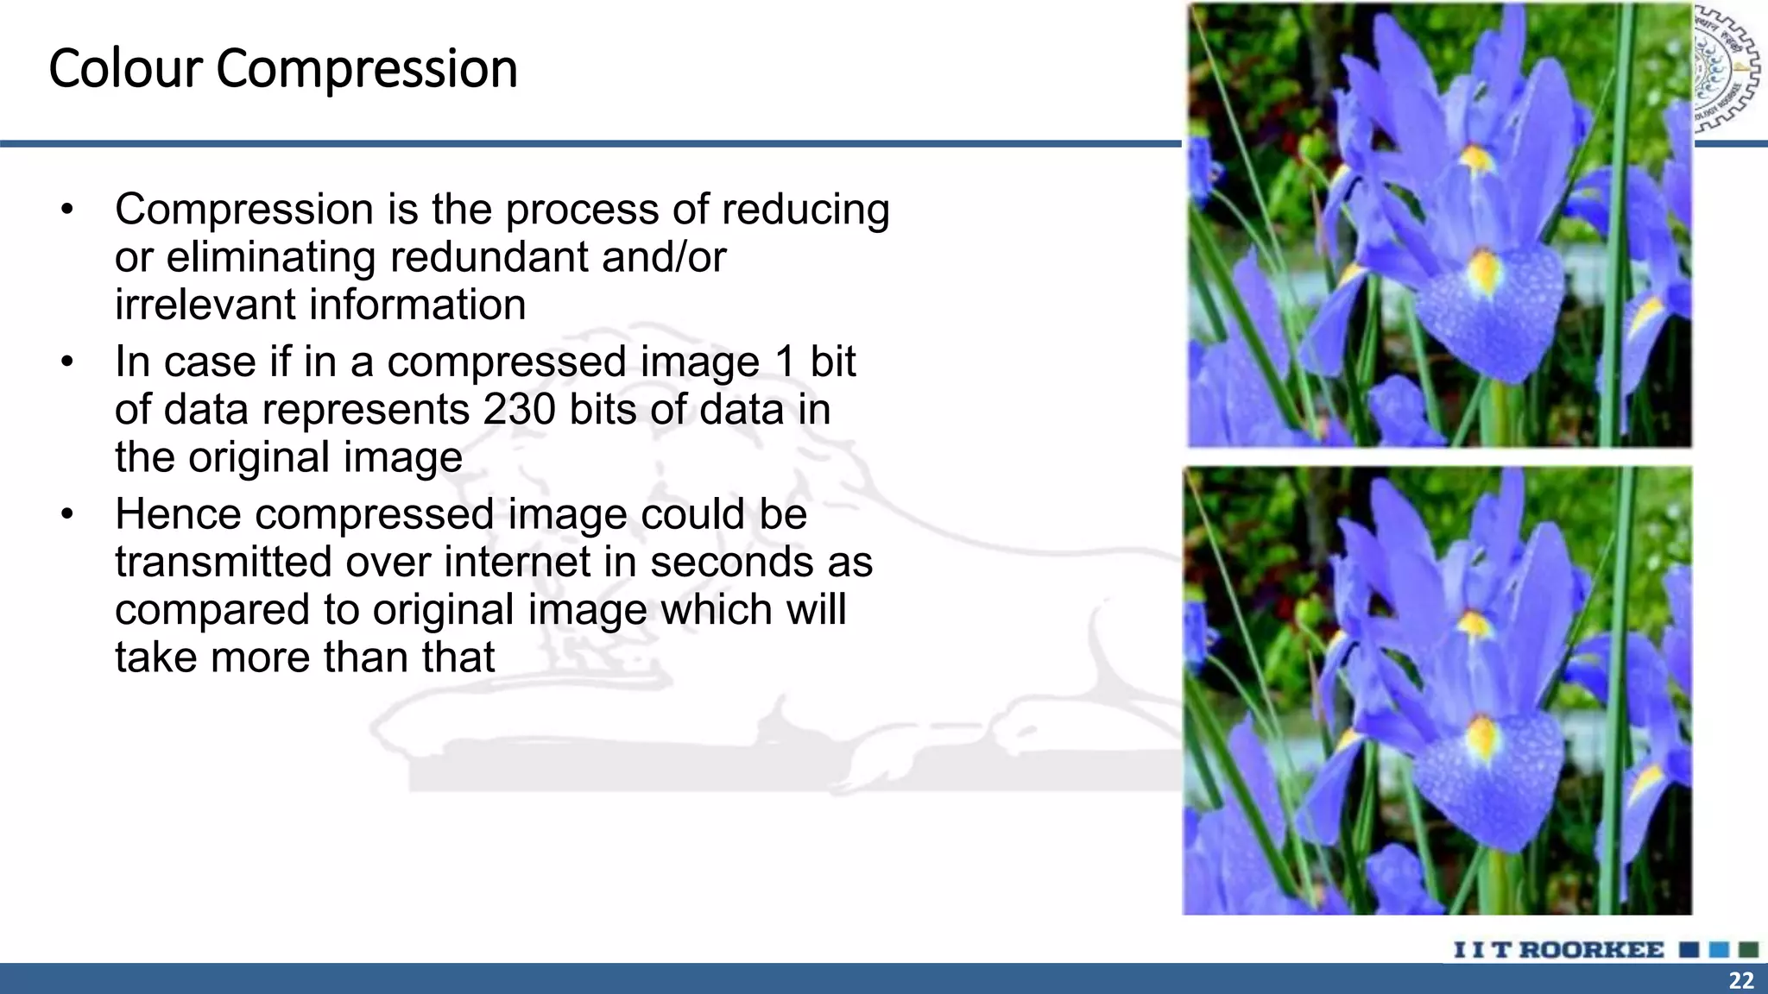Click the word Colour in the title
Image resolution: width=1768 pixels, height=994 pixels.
[x=123, y=69]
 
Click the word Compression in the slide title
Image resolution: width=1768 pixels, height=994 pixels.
[x=366, y=69]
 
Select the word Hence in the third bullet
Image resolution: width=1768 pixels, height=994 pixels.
[x=178, y=514]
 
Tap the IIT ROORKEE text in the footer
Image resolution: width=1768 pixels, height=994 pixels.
[x=1559, y=950]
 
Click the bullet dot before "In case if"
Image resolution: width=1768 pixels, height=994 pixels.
[x=67, y=362]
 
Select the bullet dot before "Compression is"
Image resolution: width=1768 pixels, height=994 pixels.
[x=67, y=210]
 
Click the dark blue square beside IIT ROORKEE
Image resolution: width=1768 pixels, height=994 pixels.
[x=1689, y=950]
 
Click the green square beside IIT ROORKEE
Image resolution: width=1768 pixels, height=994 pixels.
[x=1748, y=950]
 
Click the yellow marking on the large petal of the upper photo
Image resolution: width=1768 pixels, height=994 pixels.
[x=1484, y=269]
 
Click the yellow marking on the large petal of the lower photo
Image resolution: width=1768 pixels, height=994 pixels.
[x=1482, y=735]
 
